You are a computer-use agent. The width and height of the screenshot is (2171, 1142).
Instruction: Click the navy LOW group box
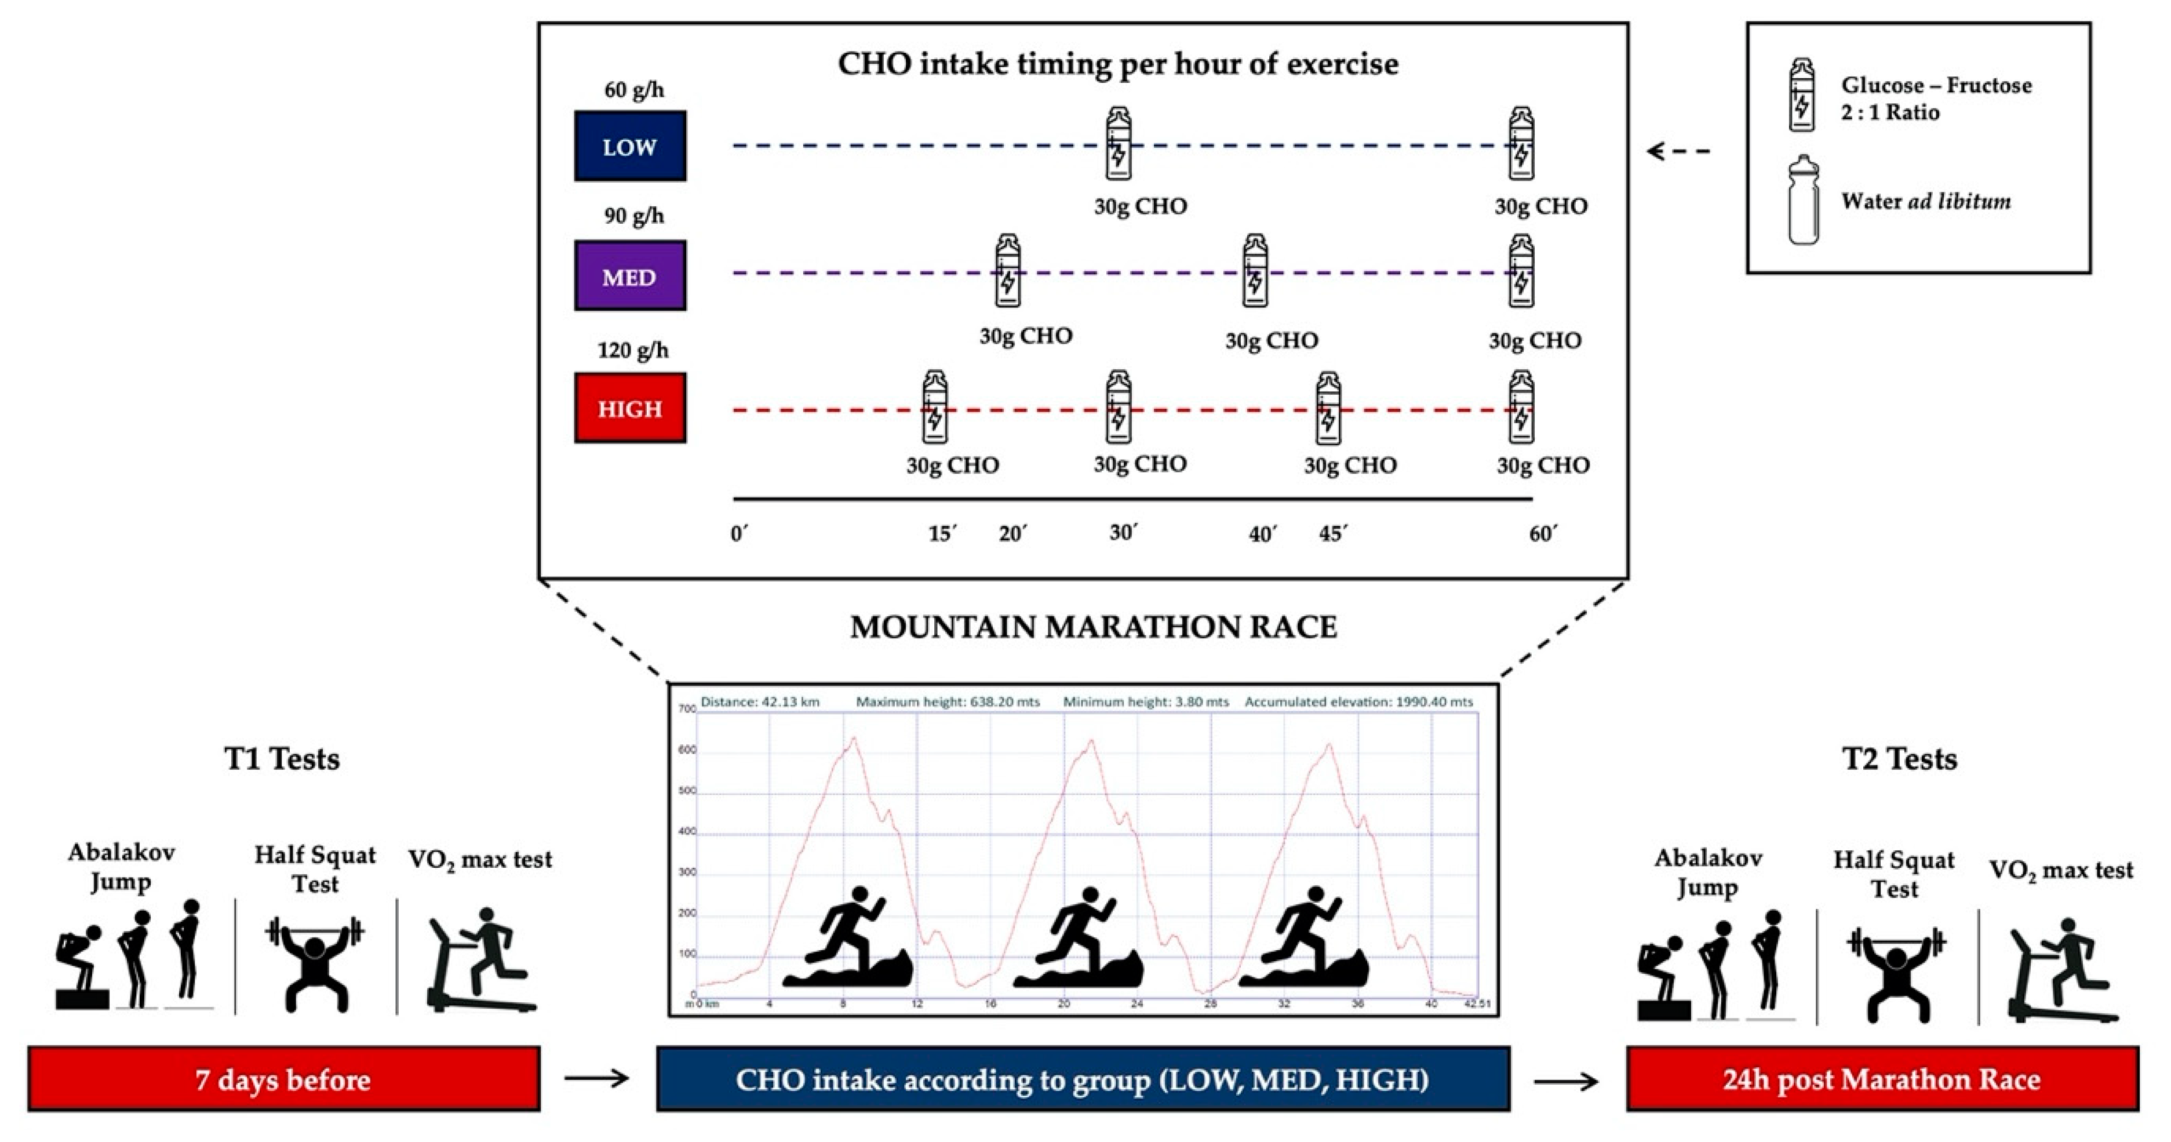coord(629,146)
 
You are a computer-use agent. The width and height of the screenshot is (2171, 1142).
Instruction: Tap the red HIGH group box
coord(629,408)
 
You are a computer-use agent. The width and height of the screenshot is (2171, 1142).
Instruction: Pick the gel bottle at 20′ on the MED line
coord(1007,271)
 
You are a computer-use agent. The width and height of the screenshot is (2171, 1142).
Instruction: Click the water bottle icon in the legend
coord(1803,200)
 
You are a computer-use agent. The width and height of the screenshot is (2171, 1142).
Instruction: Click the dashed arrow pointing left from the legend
coord(1678,152)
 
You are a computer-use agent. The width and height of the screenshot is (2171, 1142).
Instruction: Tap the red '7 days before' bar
coord(283,1079)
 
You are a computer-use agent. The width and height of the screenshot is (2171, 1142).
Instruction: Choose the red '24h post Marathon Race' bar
coord(1882,1079)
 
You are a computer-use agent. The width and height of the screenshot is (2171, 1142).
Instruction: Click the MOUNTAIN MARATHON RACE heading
coord(1093,627)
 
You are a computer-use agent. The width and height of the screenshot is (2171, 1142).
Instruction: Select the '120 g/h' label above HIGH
coord(633,350)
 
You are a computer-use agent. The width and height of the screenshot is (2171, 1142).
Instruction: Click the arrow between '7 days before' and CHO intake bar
coord(597,1078)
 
